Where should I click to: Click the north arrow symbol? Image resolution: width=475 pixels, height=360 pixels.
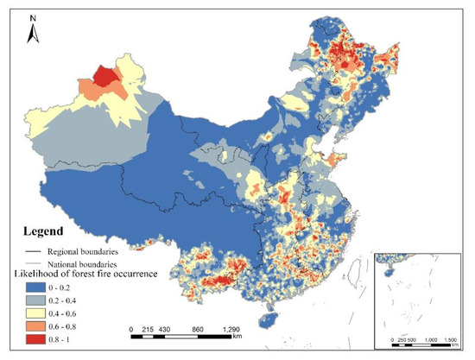tap(31, 32)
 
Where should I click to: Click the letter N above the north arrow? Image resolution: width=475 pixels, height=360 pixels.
tap(31, 15)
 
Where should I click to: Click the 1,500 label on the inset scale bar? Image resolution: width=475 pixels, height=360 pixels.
tap(451, 339)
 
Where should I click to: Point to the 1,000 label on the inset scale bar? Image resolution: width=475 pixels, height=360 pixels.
tap(430, 339)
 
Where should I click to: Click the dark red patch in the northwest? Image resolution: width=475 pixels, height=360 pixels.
tap(106, 77)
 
